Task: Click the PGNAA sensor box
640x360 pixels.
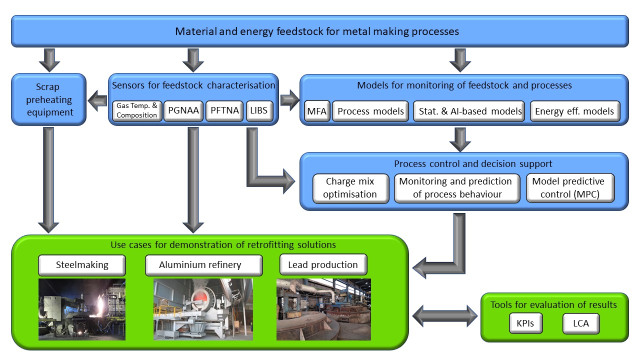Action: (183, 111)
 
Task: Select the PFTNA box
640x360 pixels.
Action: (223, 111)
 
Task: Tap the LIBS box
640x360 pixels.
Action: (259, 111)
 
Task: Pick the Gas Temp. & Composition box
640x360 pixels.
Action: (136, 111)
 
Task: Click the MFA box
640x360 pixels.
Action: (316, 111)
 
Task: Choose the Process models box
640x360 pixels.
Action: (370, 111)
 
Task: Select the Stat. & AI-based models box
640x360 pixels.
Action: (468, 111)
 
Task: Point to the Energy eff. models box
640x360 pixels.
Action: (574, 111)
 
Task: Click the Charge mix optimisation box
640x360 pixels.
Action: (350, 188)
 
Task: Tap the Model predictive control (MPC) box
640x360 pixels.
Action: (570, 188)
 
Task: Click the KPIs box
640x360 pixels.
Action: (525, 323)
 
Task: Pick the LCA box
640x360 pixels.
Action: (580, 323)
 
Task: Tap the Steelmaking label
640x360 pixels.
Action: (82, 265)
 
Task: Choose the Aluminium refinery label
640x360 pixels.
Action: (203, 265)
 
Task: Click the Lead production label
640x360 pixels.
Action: (323, 265)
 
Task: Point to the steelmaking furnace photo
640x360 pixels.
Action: (82, 309)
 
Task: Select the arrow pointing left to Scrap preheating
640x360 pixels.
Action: (98, 103)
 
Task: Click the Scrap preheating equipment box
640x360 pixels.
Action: (48, 99)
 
